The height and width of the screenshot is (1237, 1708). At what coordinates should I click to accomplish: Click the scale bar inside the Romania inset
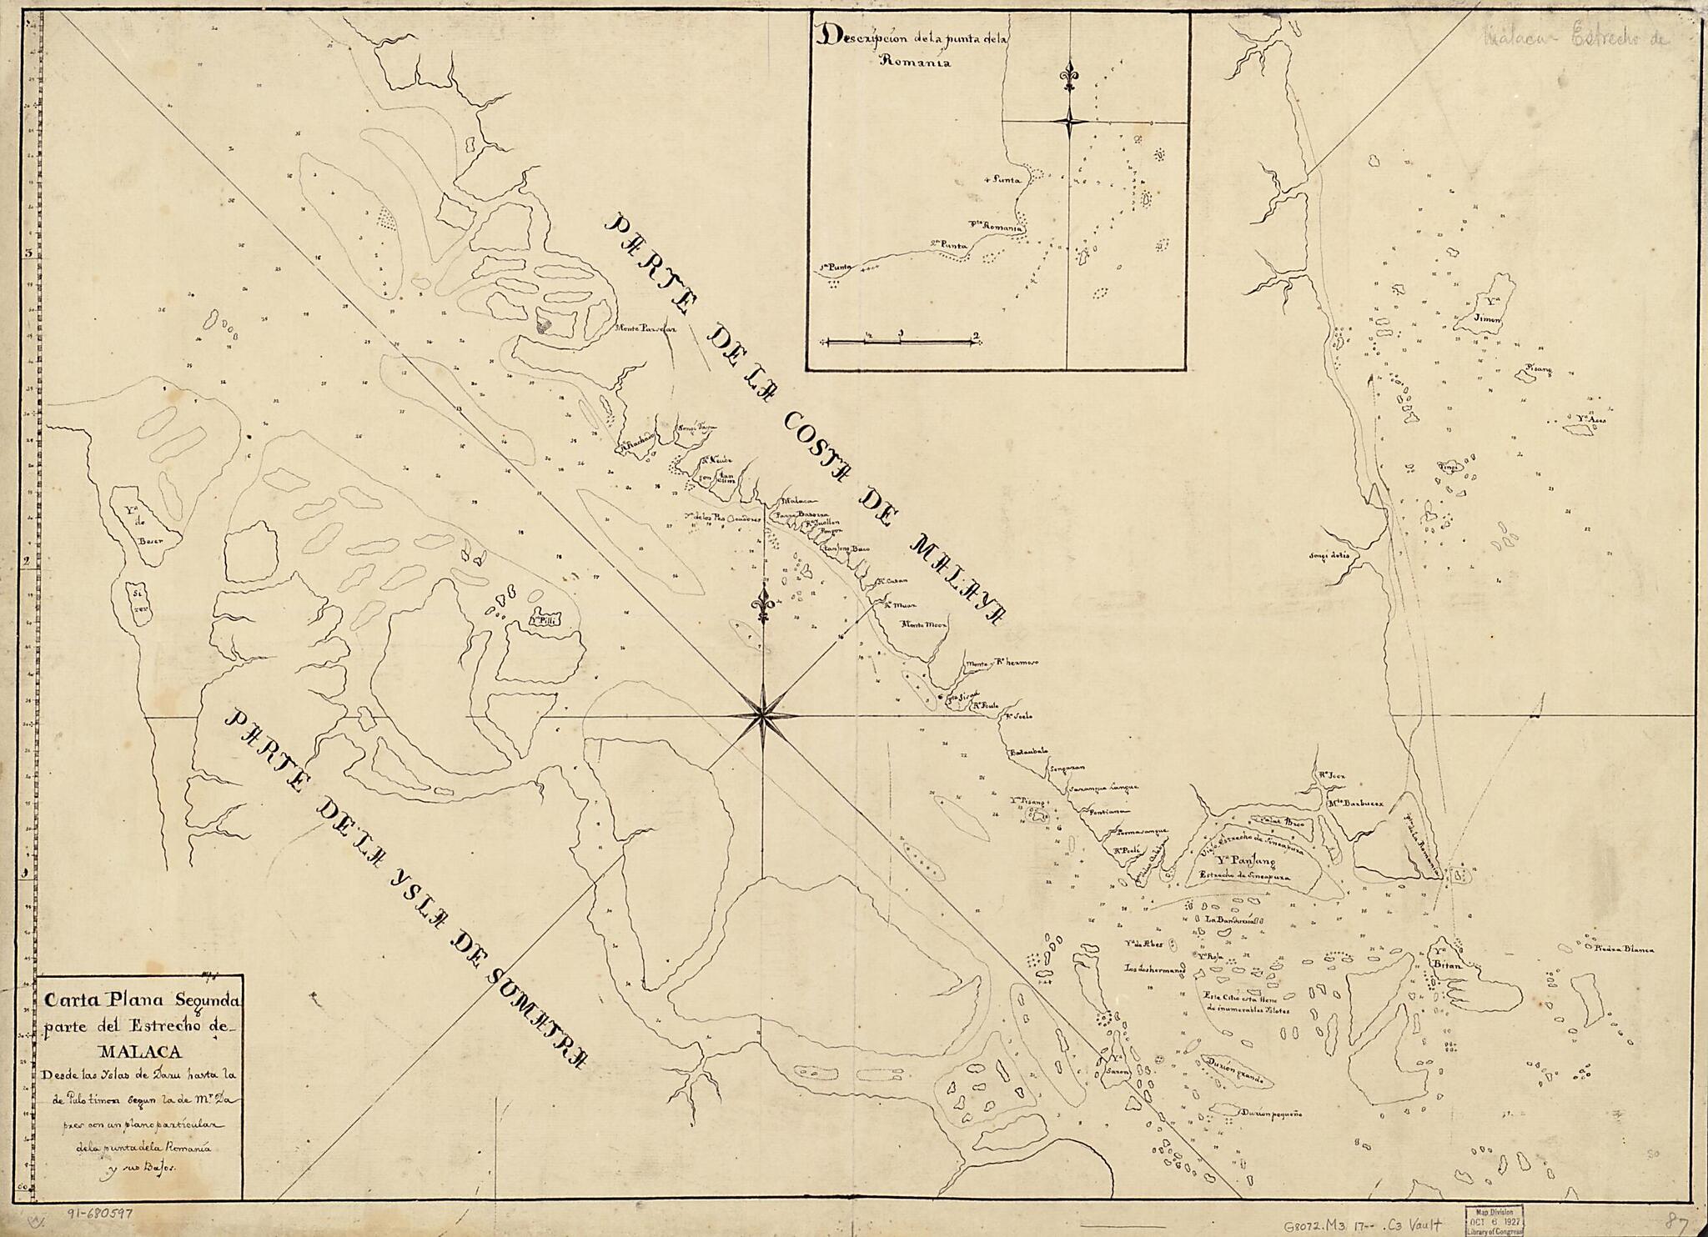pyautogui.click(x=900, y=340)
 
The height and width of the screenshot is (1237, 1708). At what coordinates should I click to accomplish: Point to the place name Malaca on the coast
pyautogui.click(x=794, y=502)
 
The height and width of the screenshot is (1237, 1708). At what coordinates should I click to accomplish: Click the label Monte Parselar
pyautogui.click(x=644, y=328)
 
